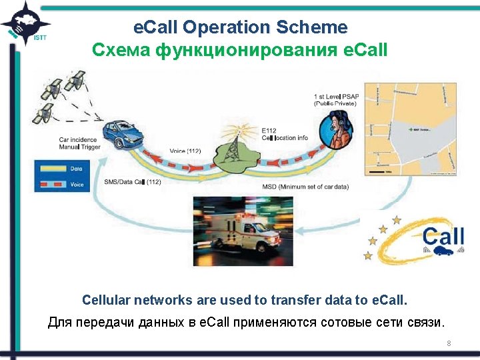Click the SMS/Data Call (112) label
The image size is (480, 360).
tap(133, 182)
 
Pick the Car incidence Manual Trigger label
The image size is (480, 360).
tap(81, 143)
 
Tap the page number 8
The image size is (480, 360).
tap(449, 343)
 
